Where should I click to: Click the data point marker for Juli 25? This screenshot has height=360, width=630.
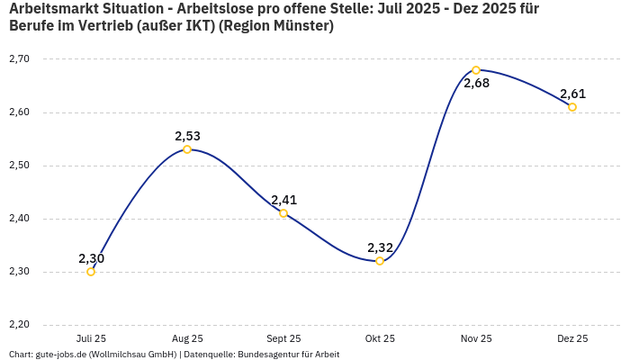pyautogui.click(x=91, y=272)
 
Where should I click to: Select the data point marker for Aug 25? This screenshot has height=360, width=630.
pyautogui.click(x=187, y=149)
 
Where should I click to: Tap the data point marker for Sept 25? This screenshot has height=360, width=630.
pyautogui.click(x=283, y=213)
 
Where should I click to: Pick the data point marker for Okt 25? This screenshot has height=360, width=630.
pyautogui.click(x=380, y=261)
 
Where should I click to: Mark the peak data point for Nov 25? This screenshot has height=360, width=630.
pyautogui.click(x=476, y=70)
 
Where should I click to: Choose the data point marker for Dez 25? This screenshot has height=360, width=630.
pyautogui.click(x=572, y=107)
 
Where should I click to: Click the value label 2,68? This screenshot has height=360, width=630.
pyautogui.click(x=476, y=84)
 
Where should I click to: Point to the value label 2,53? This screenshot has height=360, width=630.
pyautogui.click(x=187, y=136)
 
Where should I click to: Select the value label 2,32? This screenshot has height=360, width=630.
pyautogui.click(x=380, y=247)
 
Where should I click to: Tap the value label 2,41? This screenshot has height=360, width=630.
pyautogui.click(x=283, y=200)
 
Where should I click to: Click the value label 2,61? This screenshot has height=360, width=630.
pyautogui.click(x=572, y=94)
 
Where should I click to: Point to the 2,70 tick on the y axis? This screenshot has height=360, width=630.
pyautogui.click(x=19, y=59)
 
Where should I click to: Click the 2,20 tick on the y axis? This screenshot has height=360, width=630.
pyautogui.click(x=19, y=325)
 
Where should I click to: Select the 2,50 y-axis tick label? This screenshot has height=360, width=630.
pyautogui.click(x=19, y=166)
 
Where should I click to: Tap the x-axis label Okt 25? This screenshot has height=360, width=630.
pyautogui.click(x=380, y=339)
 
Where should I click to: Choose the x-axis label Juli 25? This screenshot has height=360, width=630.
pyautogui.click(x=91, y=339)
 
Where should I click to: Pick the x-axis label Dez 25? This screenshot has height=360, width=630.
pyautogui.click(x=572, y=339)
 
